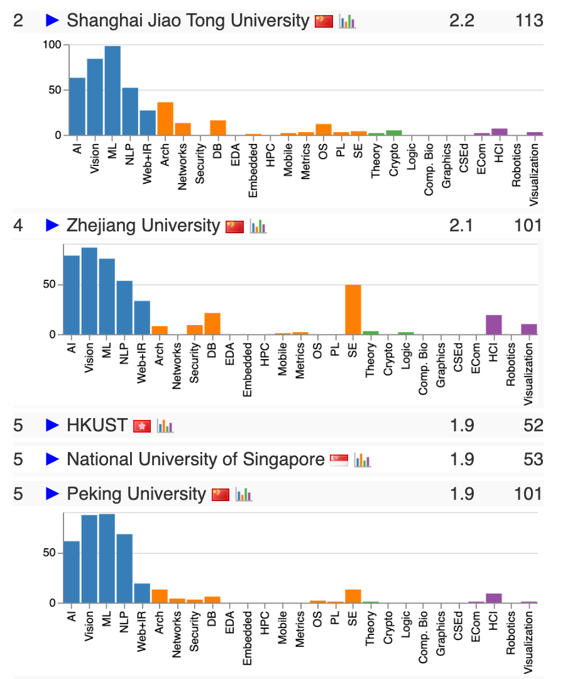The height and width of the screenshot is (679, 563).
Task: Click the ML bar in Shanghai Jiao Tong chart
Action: click(x=112, y=91)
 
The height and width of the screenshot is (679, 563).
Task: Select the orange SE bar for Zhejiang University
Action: click(x=353, y=310)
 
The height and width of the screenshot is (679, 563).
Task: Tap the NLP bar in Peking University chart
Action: click(x=124, y=568)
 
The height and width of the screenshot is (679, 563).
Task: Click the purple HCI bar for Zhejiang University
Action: click(x=494, y=324)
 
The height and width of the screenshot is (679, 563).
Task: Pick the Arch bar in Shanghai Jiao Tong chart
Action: click(x=165, y=119)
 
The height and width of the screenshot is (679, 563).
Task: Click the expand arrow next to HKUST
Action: click(x=52, y=426)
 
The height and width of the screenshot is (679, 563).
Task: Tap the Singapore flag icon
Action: click(x=339, y=460)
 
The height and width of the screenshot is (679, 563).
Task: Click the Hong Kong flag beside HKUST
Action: click(x=142, y=426)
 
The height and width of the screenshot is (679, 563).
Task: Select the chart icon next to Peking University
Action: click(x=244, y=495)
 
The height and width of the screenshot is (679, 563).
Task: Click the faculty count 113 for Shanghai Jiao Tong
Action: click(x=528, y=21)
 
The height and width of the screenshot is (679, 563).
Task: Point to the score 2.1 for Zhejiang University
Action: click(x=461, y=225)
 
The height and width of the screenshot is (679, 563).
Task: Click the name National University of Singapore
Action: click(x=195, y=460)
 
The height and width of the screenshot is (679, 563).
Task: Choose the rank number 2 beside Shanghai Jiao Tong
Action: click(x=18, y=21)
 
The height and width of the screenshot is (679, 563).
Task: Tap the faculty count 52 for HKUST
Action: click(x=533, y=426)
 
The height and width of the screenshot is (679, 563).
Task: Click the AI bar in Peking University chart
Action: click(x=72, y=571)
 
